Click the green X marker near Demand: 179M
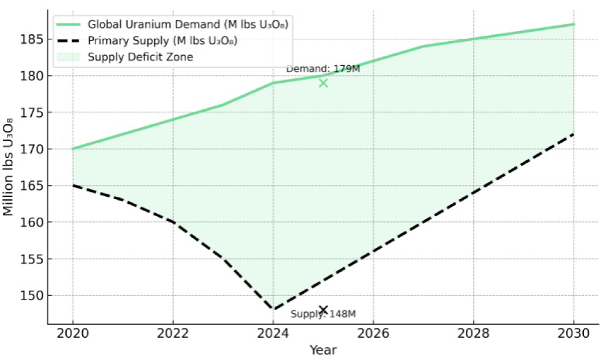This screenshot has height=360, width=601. tap(323, 83)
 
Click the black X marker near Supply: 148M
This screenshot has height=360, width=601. tap(323, 310)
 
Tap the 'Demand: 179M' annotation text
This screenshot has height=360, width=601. tap(322, 69)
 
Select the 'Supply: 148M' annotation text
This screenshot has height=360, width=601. tap(323, 314)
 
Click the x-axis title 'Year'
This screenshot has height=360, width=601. tap(323, 350)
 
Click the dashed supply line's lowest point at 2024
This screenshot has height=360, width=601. tap(273, 309)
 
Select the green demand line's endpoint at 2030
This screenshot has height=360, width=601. tap(573, 24)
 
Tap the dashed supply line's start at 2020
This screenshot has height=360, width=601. tap(73, 186)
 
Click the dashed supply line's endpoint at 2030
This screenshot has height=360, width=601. tap(573, 134)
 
